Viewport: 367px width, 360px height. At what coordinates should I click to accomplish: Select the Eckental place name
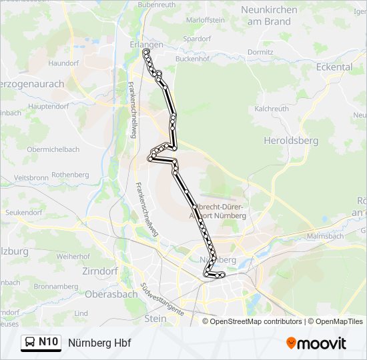334,67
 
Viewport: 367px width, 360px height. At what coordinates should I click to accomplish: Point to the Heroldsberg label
291,141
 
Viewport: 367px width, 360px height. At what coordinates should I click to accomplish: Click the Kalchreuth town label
272,108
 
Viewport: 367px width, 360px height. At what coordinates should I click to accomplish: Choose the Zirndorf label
99,271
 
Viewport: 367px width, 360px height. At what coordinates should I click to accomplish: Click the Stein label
155,319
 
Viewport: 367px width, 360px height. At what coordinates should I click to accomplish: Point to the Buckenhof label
193,59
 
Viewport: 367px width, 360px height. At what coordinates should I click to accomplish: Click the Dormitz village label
260,51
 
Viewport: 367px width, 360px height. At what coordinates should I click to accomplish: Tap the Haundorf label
63,63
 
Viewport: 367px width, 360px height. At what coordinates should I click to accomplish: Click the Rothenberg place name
70,175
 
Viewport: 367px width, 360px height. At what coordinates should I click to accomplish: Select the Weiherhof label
73,256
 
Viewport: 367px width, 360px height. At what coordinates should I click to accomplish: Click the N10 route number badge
49,342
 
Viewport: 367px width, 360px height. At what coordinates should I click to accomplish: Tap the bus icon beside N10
31,343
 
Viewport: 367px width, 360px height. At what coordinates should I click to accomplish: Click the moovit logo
316,343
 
